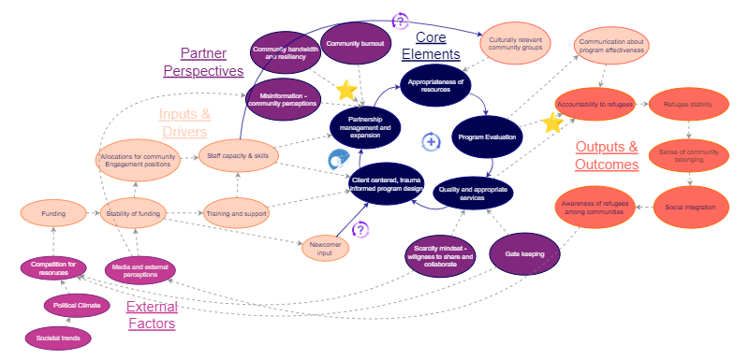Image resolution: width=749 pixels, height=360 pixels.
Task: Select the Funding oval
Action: pos(53,214)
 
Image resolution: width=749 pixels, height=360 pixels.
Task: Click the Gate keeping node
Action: pos(524,253)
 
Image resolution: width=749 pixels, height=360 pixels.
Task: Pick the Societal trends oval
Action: pos(57,337)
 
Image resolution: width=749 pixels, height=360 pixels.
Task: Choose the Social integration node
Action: pos(690,207)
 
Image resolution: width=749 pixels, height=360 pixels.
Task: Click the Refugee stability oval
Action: pos(688,104)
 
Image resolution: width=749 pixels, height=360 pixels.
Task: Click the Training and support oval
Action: pos(237,214)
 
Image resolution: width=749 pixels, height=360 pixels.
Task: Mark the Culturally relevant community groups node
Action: pos(516,42)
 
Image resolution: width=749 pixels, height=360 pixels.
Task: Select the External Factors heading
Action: pos(151,315)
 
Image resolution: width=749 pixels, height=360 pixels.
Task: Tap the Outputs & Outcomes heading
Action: pos(606,155)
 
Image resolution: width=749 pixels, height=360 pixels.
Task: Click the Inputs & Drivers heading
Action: pos(184,122)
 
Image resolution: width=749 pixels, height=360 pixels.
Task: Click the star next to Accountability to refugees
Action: pos(552,122)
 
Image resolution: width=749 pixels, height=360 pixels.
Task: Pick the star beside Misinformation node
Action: pos(346,90)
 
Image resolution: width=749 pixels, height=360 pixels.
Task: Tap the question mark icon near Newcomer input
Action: pos(360,229)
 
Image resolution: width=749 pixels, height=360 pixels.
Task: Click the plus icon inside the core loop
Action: pos(431,142)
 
